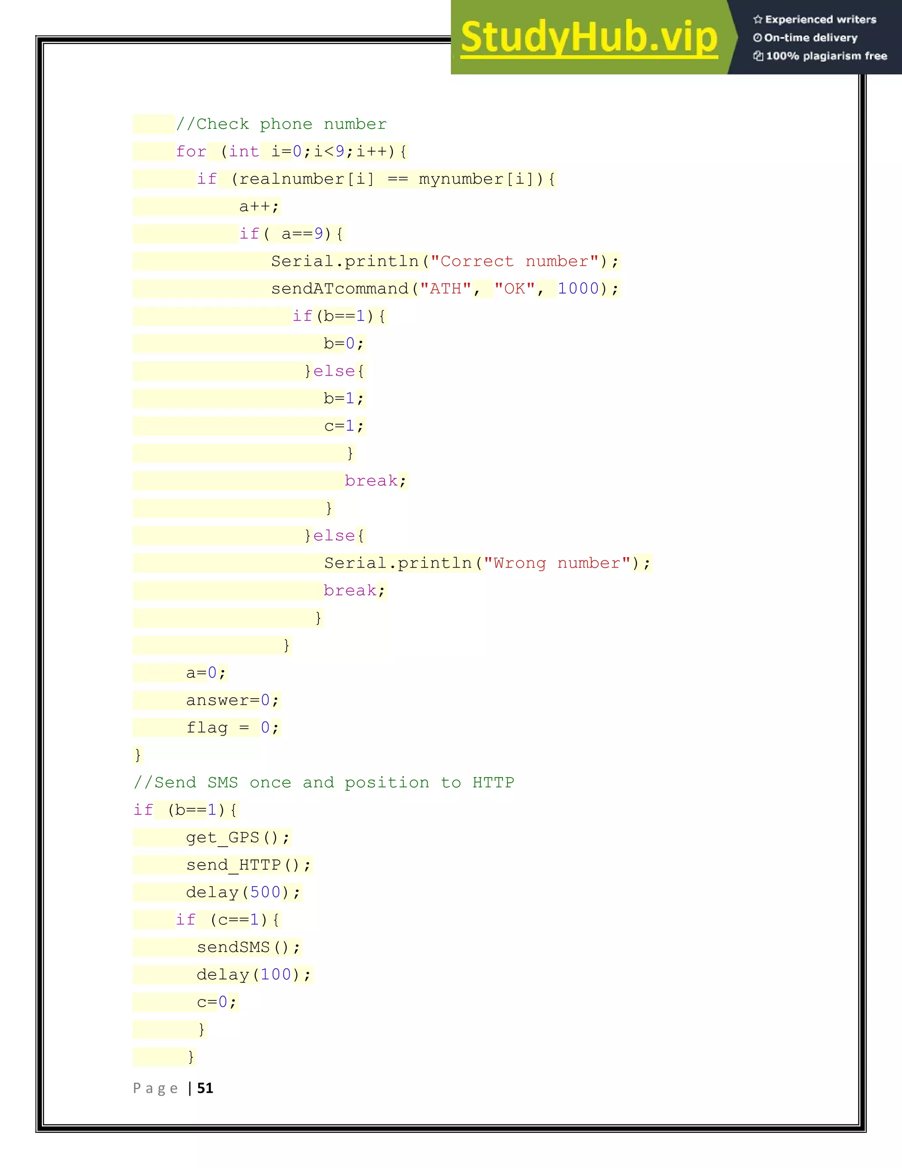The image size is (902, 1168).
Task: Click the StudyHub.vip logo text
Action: (x=588, y=37)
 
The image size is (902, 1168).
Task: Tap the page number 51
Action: (x=205, y=1088)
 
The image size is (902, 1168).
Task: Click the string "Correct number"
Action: (x=514, y=261)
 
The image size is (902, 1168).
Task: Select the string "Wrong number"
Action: (x=557, y=563)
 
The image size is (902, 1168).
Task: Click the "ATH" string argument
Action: (x=446, y=289)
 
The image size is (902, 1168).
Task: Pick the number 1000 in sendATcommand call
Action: (x=578, y=289)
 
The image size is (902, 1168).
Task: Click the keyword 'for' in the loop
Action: (x=191, y=152)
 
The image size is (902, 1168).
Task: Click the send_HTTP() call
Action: (x=248, y=865)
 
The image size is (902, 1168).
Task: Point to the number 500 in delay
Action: (x=265, y=892)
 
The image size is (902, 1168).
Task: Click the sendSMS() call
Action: (x=248, y=947)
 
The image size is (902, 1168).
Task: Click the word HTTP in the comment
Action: (x=493, y=782)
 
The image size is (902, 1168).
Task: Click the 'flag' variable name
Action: (x=207, y=727)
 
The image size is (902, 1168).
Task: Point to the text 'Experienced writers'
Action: (x=820, y=20)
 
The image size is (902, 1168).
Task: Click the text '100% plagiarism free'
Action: (x=826, y=56)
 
